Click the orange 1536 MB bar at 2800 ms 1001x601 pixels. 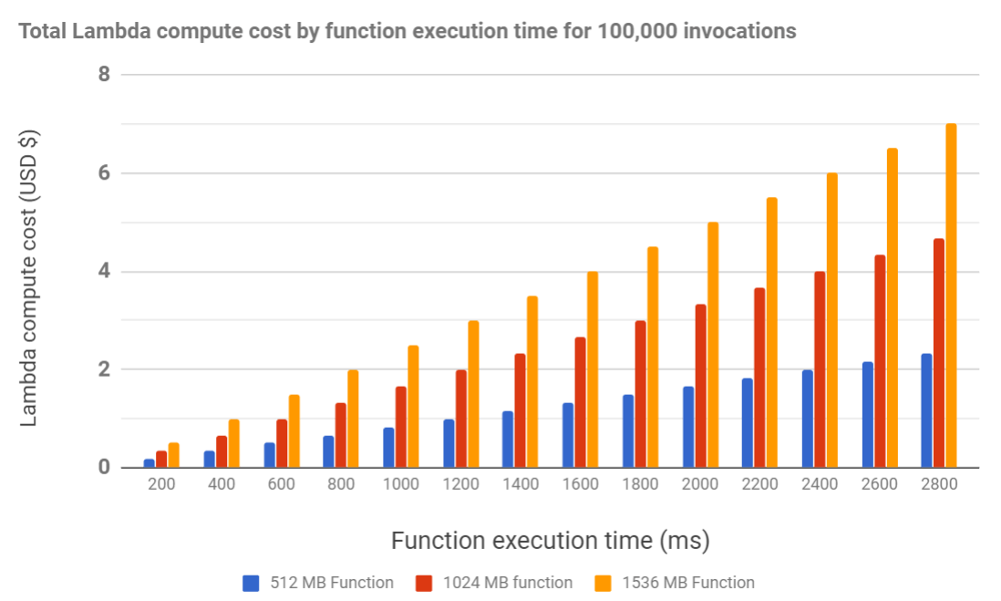[x=951, y=295]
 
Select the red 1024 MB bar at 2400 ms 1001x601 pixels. [x=820, y=369]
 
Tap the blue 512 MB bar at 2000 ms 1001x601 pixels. [x=688, y=427]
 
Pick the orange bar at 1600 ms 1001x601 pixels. [x=592, y=369]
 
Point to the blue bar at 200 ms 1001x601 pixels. [x=150, y=463]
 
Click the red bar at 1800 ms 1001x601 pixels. [x=640, y=394]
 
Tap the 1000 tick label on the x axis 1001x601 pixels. [x=401, y=484]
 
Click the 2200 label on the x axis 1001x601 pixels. [x=759, y=484]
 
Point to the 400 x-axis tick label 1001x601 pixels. [x=222, y=484]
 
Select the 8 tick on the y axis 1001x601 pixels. [x=104, y=74]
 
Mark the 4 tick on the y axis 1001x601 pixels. [x=104, y=271]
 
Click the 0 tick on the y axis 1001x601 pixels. [x=104, y=468]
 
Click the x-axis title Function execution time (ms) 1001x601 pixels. [x=550, y=541]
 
